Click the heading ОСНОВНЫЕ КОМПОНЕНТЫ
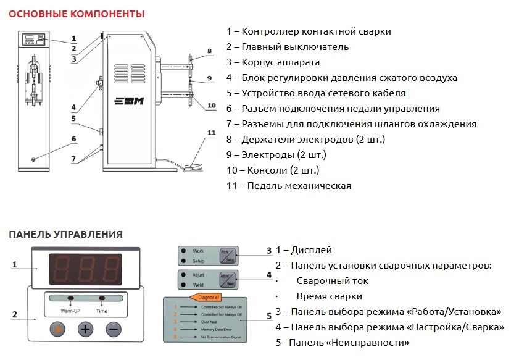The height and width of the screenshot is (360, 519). pos(77,14)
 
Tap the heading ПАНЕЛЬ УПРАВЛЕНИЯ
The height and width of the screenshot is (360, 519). pos(65,235)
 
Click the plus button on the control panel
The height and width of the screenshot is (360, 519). pos(86,329)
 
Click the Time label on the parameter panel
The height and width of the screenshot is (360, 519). pos(101,311)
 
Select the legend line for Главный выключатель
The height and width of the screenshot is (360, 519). pos(288,46)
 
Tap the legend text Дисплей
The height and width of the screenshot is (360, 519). pos(304,250)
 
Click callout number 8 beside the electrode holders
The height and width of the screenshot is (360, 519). pos(209,51)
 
